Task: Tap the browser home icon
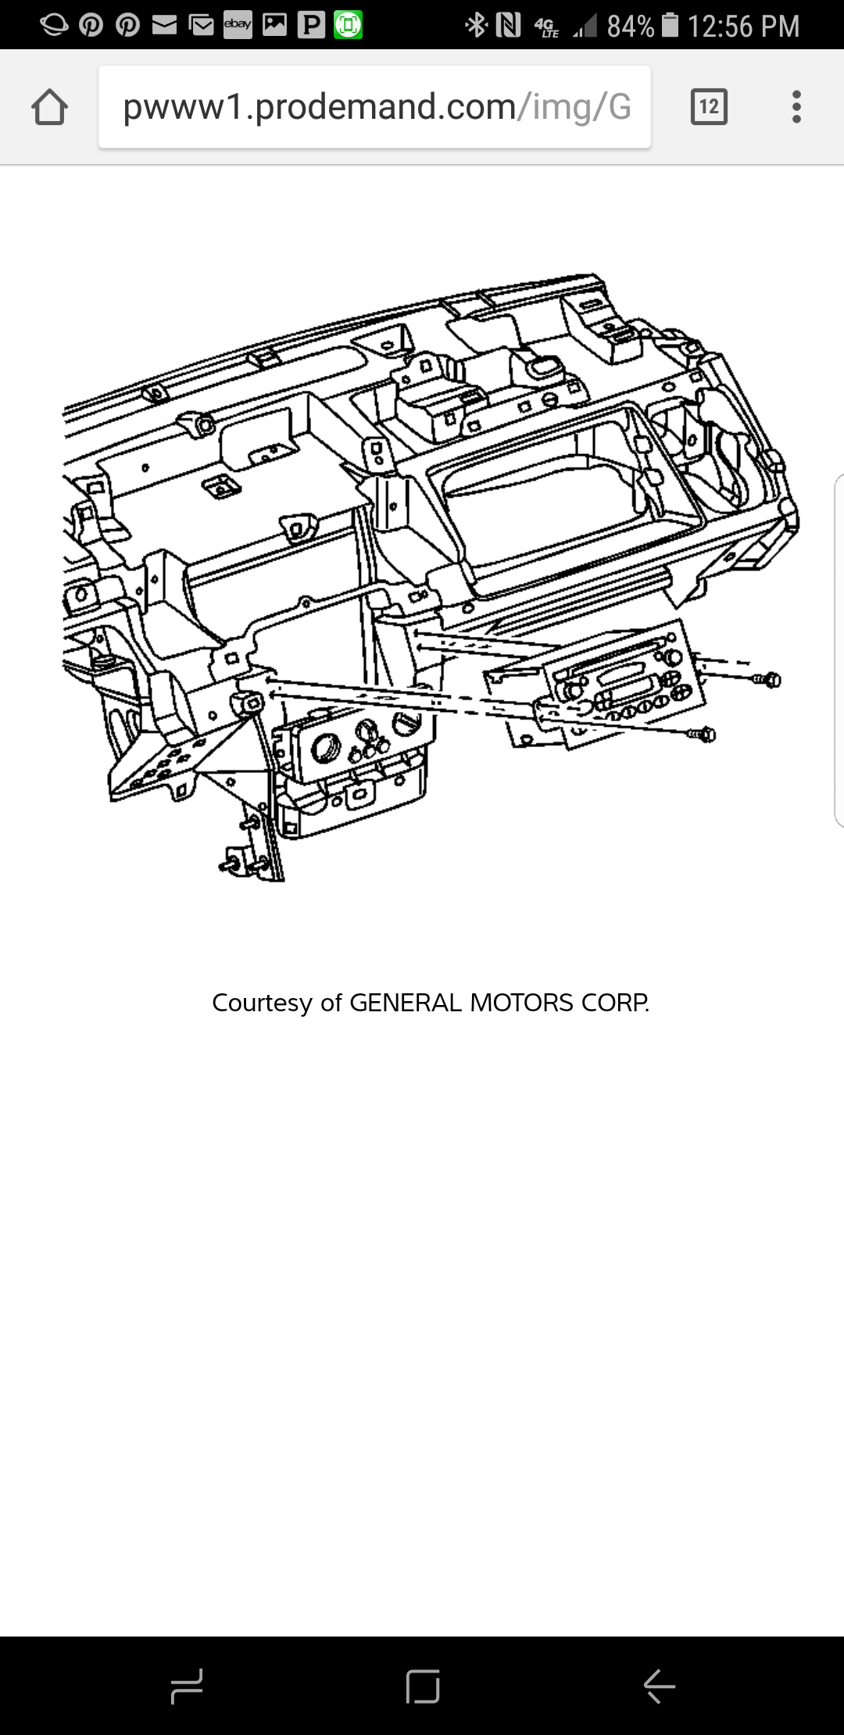point(49,107)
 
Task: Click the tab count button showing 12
point(709,106)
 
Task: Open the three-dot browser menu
point(796,106)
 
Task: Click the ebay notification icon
point(238,25)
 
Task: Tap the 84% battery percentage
point(630,27)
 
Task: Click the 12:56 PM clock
point(743,27)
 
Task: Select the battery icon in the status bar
point(671,25)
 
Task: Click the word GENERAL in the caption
point(406,1003)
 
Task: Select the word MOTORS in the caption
point(521,1003)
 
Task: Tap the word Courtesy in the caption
point(262,1003)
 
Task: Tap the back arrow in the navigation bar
point(659,1686)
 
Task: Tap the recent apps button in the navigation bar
point(187,1686)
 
